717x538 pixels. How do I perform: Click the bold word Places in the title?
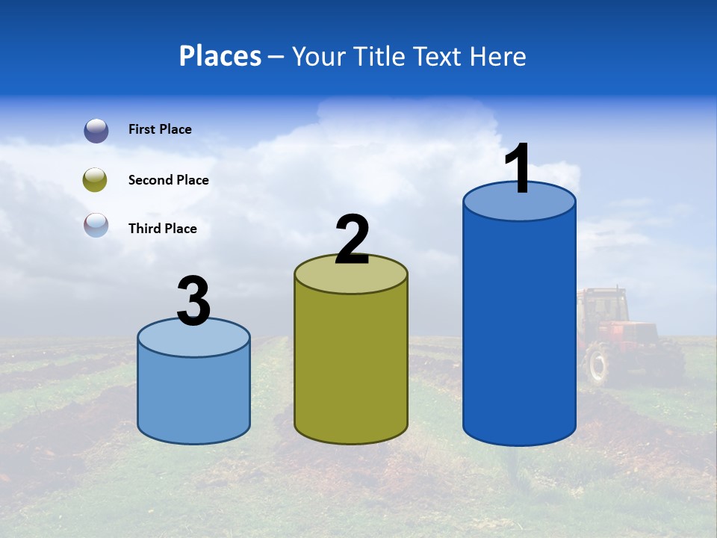click(x=220, y=56)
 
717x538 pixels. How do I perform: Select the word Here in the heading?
click(x=498, y=56)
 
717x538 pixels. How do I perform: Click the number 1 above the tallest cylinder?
click(x=518, y=169)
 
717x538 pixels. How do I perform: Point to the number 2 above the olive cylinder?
click(x=352, y=240)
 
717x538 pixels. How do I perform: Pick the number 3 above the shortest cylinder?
click(x=194, y=301)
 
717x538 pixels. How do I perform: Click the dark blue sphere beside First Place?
click(x=96, y=130)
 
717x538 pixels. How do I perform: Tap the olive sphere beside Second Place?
click(x=96, y=180)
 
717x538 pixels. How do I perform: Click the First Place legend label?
click(x=160, y=129)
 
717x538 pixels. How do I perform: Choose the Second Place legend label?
click(x=168, y=180)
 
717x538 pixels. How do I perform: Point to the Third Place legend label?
click(x=162, y=229)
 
